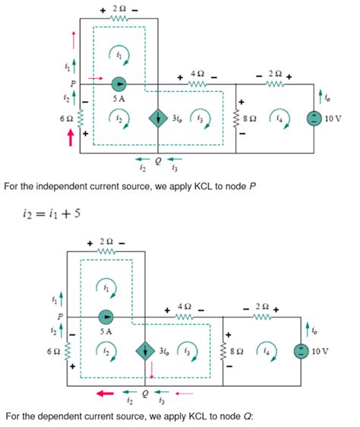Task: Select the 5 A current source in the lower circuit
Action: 106,316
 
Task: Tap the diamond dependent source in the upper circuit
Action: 158,119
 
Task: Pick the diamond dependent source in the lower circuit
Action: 144,352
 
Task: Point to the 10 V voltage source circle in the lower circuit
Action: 302,351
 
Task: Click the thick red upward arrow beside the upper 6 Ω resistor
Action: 71,136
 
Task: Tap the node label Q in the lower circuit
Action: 144,394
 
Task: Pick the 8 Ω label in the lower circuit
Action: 242,352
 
